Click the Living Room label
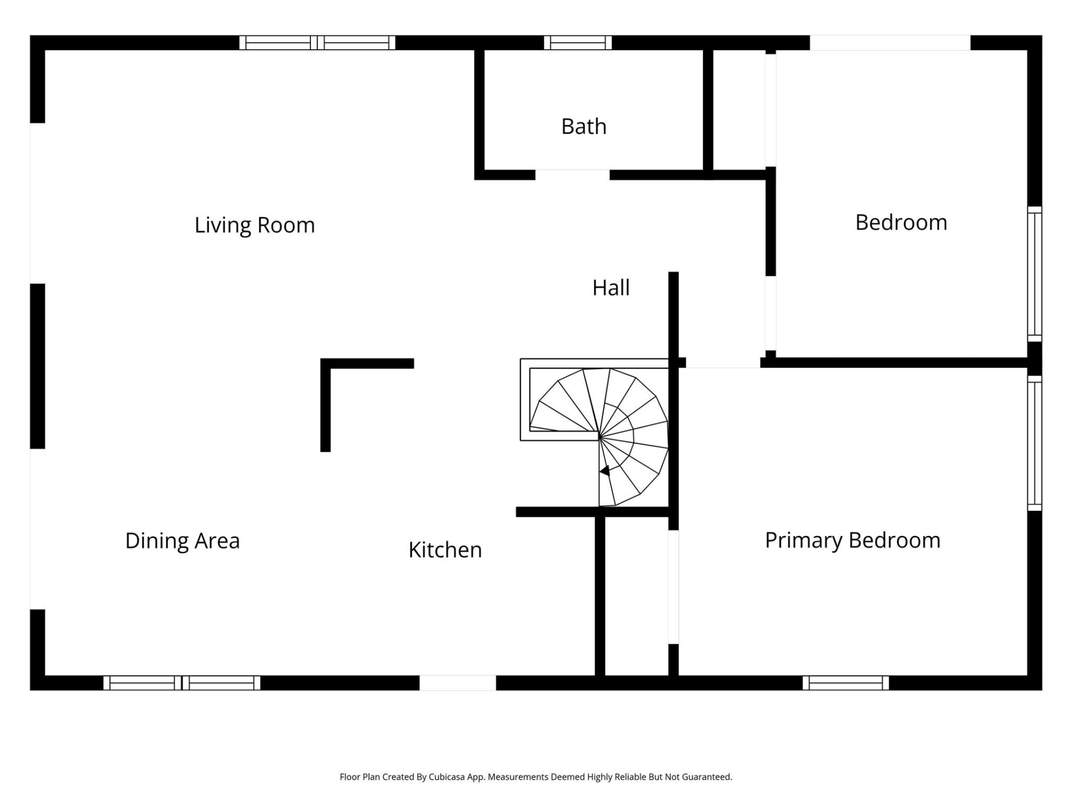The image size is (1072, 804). coord(255,225)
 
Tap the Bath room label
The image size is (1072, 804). coord(583,127)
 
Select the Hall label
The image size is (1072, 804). coord(611,288)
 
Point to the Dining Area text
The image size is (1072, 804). coord(183,540)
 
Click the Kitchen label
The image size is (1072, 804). coord(445,550)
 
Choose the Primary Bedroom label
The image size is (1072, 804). coord(853,540)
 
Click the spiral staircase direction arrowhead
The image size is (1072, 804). coord(604,471)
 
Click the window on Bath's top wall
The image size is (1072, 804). coord(578,43)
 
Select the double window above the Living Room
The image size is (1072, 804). coord(317,43)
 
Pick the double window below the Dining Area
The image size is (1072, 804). coord(181,683)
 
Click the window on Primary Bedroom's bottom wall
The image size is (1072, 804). coord(845,683)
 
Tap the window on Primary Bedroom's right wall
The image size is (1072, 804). coord(1034,443)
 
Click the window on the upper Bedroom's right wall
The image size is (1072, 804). coord(1034,274)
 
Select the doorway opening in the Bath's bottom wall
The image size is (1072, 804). coord(572,175)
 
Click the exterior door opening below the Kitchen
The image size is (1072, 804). coord(457,683)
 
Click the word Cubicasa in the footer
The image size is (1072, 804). coord(446,777)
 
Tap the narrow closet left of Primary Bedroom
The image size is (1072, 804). coord(636,595)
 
